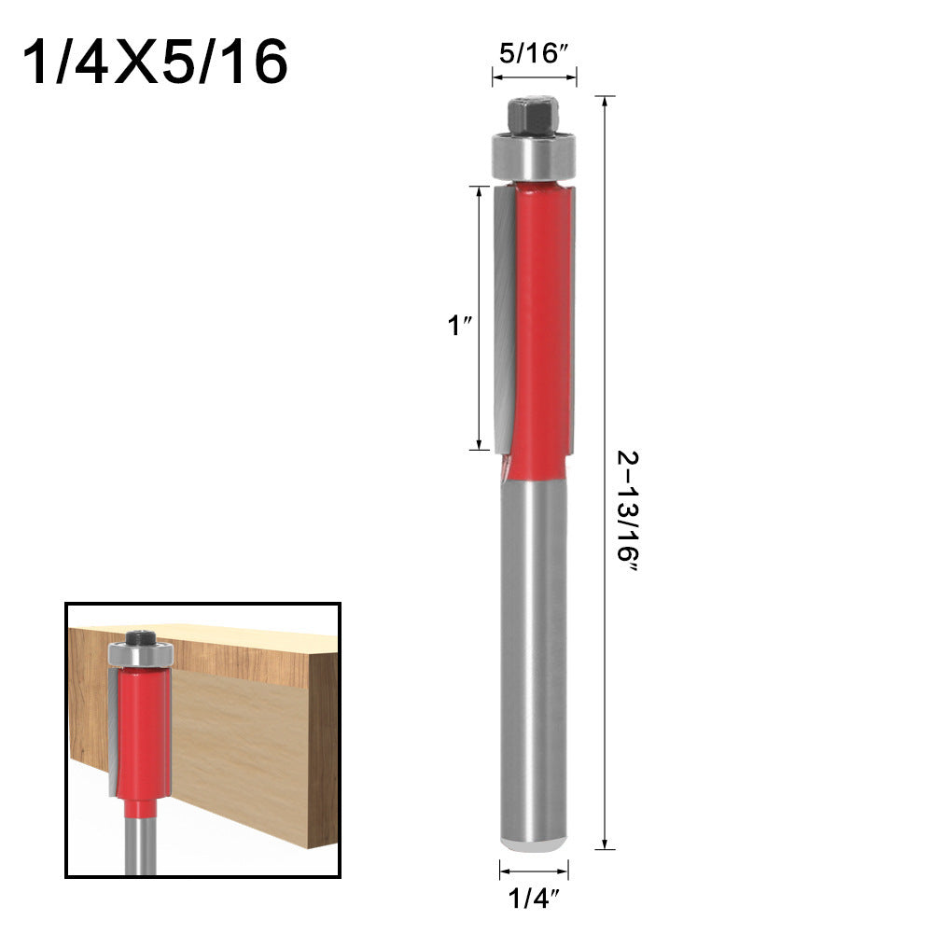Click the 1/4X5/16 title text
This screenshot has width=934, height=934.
155,63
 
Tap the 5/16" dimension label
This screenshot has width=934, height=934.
534,54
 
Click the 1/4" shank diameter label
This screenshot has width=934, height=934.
534,899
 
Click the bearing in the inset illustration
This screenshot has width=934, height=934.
139,655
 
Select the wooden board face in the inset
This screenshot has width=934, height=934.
243,737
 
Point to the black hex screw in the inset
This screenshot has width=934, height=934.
139,638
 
